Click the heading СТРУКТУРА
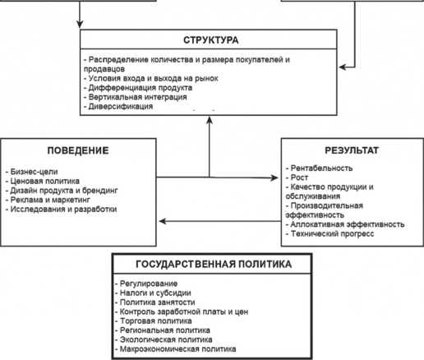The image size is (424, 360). click(x=211, y=40)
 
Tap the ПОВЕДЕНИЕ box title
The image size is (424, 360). click(x=78, y=150)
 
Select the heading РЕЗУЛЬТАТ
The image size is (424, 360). click(x=352, y=150)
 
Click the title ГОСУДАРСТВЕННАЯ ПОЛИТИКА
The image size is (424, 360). click(x=214, y=264)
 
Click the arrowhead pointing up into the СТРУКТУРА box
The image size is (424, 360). click(x=210, y=120)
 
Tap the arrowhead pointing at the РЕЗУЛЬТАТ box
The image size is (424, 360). click(x=274, y=178)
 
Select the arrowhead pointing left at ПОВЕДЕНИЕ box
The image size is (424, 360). click(x=163, y=221)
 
